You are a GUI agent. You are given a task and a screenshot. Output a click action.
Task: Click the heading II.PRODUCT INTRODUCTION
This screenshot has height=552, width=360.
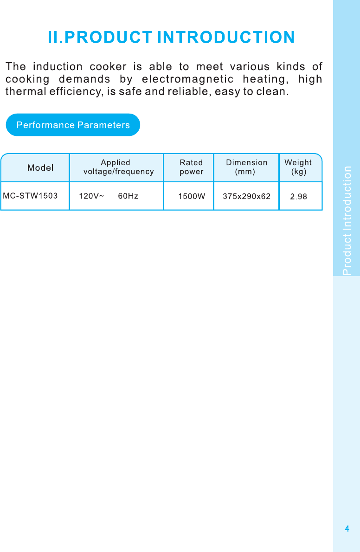[171, 37]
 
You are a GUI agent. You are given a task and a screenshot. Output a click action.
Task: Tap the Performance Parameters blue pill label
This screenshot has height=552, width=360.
[73, 125]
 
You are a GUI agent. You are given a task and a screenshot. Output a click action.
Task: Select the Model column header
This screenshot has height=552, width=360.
[40, 167]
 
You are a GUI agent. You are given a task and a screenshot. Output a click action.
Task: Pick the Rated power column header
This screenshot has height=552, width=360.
[191, 167]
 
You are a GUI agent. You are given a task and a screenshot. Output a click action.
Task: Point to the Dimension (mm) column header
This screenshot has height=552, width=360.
[246, 167]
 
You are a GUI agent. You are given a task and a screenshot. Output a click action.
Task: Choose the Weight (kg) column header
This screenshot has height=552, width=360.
[298, 167]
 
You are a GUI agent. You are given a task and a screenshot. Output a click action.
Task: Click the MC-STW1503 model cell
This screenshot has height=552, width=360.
[31, 196]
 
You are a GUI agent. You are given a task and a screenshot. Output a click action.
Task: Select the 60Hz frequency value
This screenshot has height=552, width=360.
[128, 196]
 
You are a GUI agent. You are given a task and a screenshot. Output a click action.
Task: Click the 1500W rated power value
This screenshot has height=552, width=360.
[192, 196]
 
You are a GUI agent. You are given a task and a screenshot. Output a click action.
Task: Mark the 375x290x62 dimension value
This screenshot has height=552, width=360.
[246, 196]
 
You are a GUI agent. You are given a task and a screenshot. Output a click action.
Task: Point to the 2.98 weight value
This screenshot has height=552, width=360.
[298, 196]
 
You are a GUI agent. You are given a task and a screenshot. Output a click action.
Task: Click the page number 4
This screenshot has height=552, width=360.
[347, 529]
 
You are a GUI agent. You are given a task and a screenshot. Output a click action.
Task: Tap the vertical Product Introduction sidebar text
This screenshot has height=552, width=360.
[347, 220]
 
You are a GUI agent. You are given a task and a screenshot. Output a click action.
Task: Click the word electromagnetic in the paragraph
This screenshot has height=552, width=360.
[187, 79]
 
